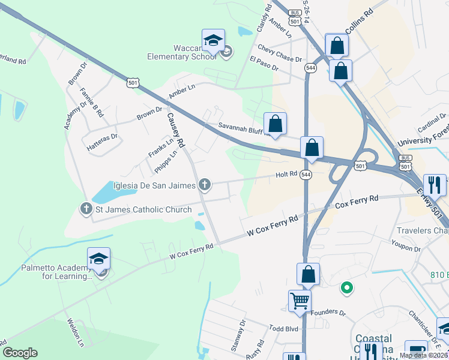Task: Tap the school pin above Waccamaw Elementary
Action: tap(213, 40)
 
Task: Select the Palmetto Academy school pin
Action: tap(99, 259)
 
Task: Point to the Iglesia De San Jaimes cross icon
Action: tap(205, 184)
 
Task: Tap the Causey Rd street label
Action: tap(176, 131)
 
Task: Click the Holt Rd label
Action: tap(286, 175)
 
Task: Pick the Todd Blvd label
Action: tap(284, 329)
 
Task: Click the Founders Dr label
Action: tap(330, 313)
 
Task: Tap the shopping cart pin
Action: tap(300, 301)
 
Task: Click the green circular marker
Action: tap(346, 289)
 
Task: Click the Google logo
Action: tap(20, 353)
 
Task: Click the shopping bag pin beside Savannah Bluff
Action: tap(275, 124)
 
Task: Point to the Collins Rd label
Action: tap(360, 21)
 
